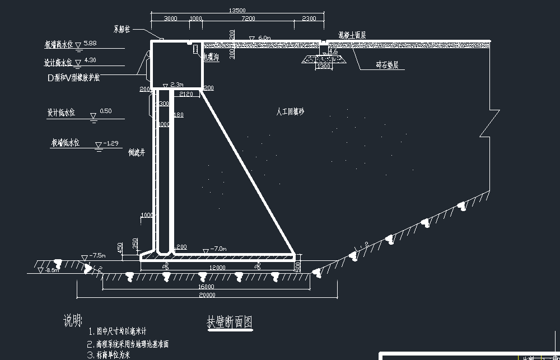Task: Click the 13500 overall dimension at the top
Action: [x=237, y=10]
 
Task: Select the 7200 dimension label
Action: [x=248, y=18]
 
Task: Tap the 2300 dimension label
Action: [x=309, y=18]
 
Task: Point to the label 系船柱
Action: [x=122, y=29]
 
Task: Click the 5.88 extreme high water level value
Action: [x=90, y=43]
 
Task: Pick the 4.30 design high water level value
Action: [x=90, y=60]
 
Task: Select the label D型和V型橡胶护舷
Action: [x=73, y=78]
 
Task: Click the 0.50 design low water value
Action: [x=105, y=111]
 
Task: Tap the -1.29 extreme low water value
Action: [x=112, y=143]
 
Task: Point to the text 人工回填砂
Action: [x=290, y=112]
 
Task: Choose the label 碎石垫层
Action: [x=387, y=66]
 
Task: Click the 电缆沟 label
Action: [x=211, y=56]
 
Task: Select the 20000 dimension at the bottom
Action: [x=207, y=295]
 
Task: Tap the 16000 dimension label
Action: [x=206, y=287]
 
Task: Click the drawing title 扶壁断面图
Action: [x=230, y=322]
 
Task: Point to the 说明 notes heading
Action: [x=73, y=321]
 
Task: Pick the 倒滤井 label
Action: [x=137, y=152]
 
